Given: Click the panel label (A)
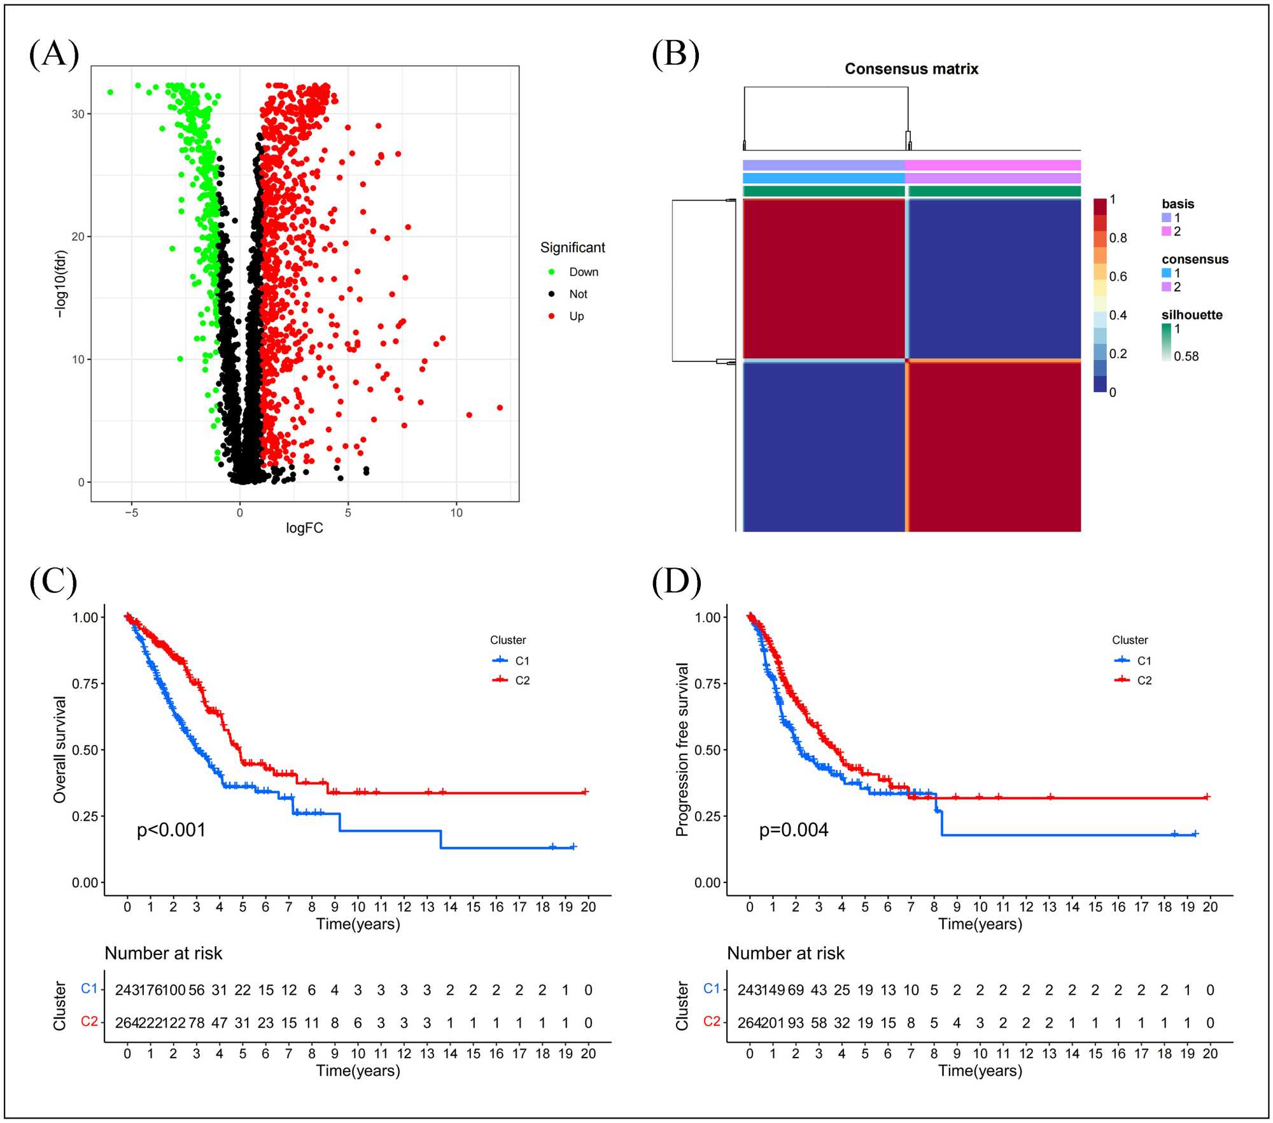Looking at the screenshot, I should coord(54,53).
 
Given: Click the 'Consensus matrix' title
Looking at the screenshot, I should coord(911,69).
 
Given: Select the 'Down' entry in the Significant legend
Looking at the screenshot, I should coord(583,272).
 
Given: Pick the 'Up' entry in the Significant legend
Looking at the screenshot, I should coord(576,316).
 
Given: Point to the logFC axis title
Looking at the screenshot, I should coord(304,528).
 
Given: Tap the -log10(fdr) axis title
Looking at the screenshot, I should coord(60,284).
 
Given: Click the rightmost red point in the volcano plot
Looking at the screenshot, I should coord(500,408).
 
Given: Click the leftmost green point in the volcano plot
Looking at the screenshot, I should coord(110,92).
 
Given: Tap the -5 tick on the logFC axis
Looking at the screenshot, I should coord(132,513).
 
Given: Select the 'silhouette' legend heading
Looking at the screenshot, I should coord(1192,315).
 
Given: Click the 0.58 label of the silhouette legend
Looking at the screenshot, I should coord(1186,356).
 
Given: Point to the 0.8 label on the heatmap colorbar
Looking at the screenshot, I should coord(1118,238).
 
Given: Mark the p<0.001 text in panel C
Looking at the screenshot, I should coord(171,830).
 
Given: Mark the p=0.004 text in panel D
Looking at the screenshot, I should coord(794,830).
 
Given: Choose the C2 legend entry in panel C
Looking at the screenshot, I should coord(522,680).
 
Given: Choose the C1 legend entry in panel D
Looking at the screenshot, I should coord(1144,660).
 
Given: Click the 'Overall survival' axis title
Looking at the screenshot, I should coord(60,749).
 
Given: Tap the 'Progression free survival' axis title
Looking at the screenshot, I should coord(682,749).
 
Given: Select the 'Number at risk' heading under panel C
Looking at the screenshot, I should coord(164,953).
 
